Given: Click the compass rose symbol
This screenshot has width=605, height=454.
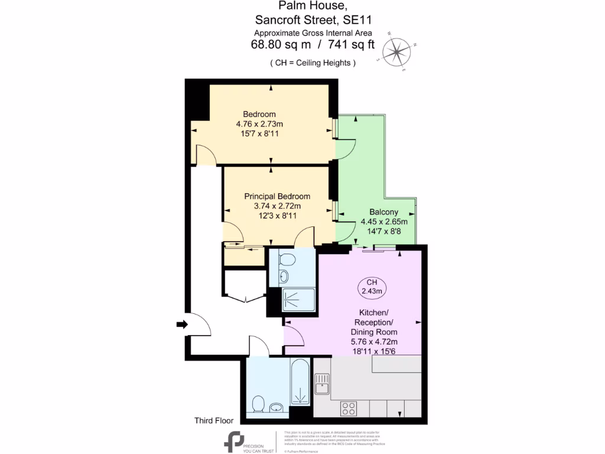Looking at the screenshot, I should [x=398, y=51].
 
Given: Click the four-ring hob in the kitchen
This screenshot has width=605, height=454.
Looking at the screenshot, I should [x=349, y=408].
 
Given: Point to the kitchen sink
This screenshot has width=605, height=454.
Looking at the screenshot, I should [x=322, y=384].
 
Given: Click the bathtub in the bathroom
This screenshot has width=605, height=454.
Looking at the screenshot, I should [x=300, y=382].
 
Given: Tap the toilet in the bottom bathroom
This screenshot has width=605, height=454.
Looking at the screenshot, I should [x=258, y=405].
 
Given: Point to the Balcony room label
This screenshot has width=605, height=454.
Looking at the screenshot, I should [x=383, y=212].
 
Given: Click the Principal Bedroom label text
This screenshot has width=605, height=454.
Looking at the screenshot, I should [x=277, y=196].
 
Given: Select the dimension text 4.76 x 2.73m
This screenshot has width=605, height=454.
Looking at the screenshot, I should [x=259, y=124].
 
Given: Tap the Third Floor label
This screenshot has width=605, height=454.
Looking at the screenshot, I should [x=214, y=421].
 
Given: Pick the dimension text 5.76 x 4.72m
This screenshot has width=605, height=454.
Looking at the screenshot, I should [x=374, y=342].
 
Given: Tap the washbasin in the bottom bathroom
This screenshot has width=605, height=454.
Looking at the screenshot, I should [x=276, y=407].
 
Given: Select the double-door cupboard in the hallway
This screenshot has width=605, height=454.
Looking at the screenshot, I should [x=245, y=290].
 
